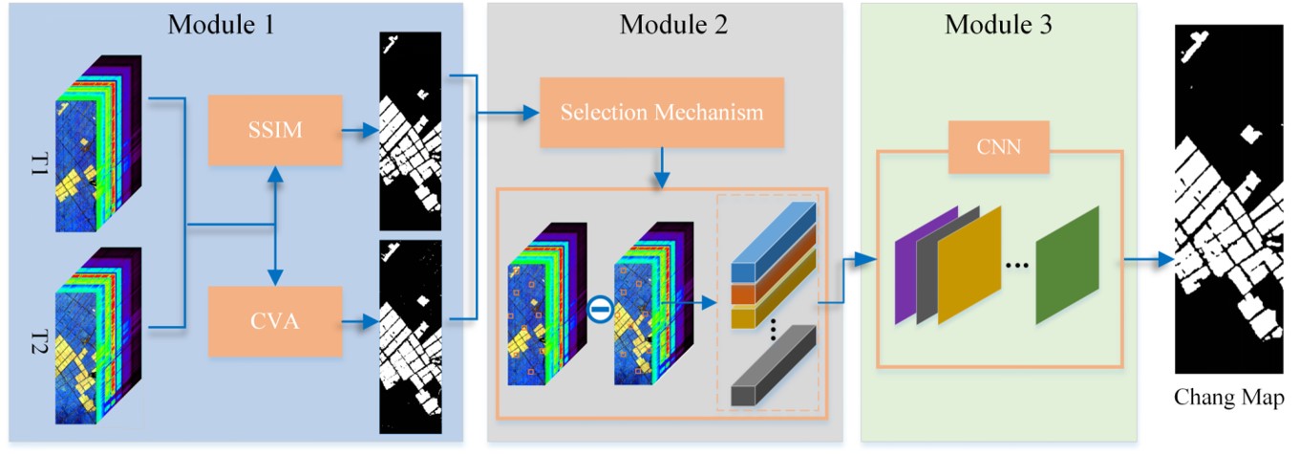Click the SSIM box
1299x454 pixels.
point(275,130)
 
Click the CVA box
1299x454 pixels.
point(275,321)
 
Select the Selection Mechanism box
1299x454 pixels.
point(662,113)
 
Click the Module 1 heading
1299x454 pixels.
point(221,25)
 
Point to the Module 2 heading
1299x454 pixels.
point(673,25)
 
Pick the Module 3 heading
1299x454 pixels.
point(998,25)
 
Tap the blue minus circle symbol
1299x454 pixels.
point(600,308)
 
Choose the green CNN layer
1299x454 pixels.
point(1067,265)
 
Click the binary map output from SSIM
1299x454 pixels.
point(412,131)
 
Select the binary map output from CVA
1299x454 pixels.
point(412,336)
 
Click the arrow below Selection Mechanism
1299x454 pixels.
point(662,167)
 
